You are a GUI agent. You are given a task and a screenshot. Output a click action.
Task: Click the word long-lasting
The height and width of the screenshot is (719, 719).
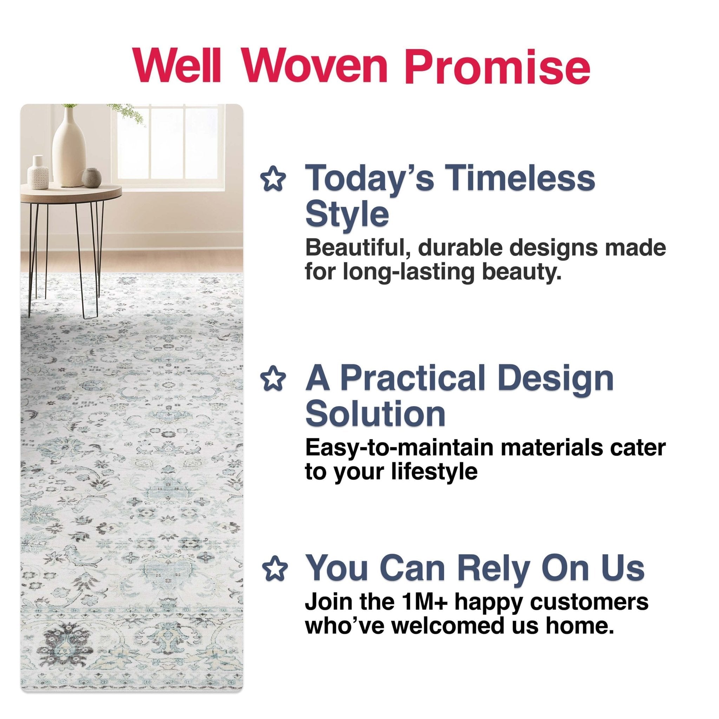tap(408, 272)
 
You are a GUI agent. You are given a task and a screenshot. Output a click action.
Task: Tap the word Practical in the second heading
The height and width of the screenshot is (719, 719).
tap(414, 379)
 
